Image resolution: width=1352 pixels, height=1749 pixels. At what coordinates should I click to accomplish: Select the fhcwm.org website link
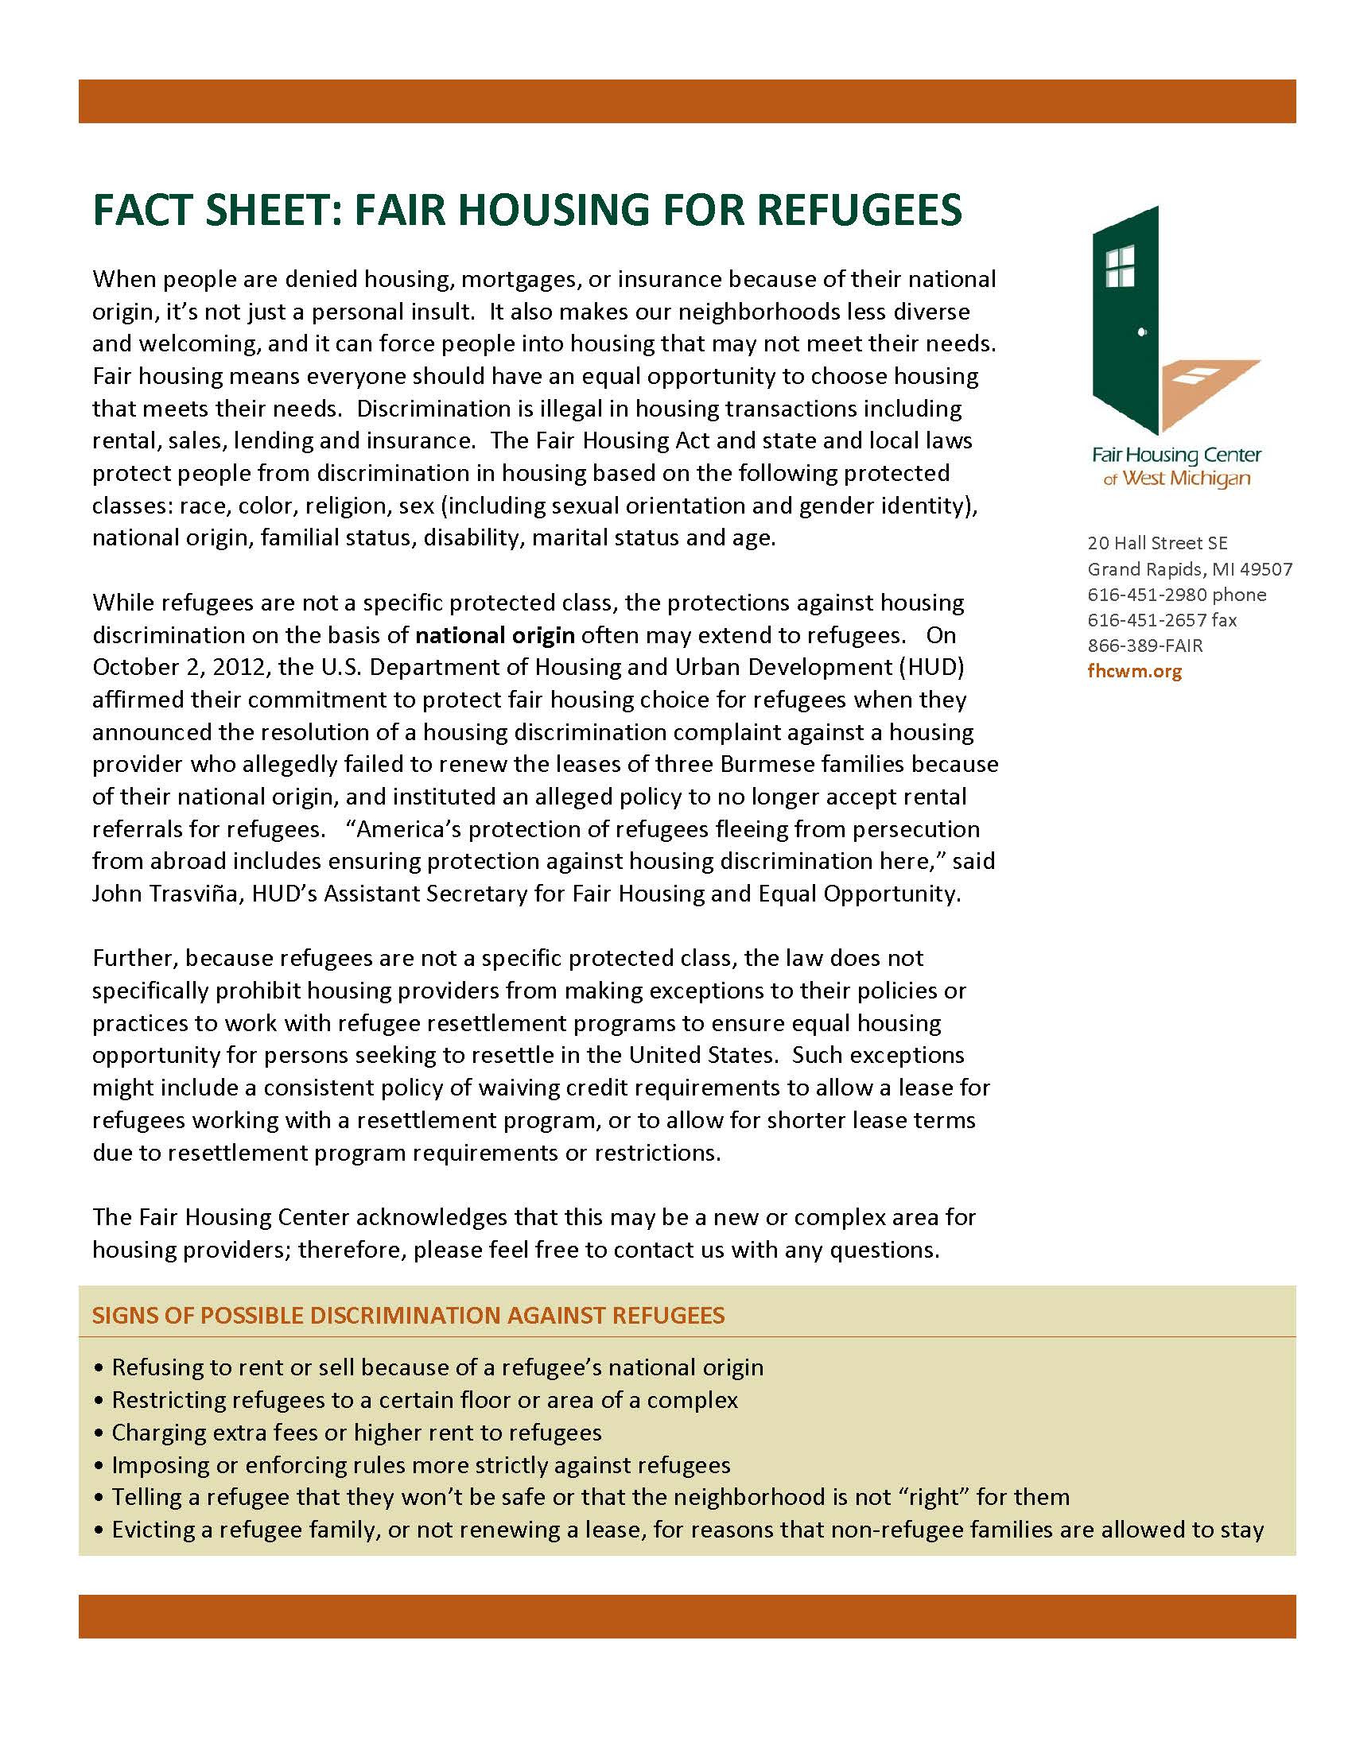[x=1134, y=671]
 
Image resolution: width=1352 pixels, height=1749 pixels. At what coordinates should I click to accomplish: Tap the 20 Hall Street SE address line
[x=1156, y=543]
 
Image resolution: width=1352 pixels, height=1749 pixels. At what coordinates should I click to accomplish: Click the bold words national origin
[x=495, y=636]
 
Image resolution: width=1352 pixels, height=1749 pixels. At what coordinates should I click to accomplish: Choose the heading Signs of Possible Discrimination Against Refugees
[x=409, y=1316]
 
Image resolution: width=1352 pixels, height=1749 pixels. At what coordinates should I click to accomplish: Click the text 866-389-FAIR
[x=1144, y=646]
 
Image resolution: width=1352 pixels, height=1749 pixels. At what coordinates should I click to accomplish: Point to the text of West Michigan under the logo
[x=1175, y=479]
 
